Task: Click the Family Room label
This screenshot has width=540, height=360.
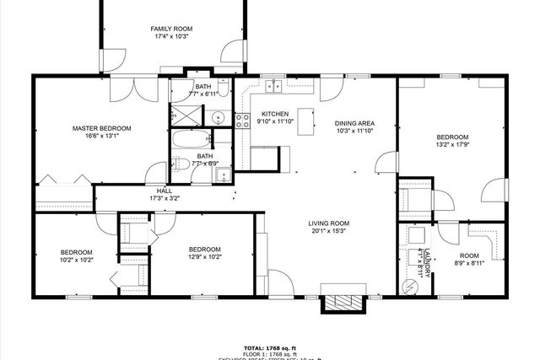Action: [x=171, y=29]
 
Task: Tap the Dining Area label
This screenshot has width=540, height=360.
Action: [x=354, y=123]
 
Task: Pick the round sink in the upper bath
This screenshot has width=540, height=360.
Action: [x=216, y=117]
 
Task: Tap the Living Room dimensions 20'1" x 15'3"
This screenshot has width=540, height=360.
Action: [x=330, y=231]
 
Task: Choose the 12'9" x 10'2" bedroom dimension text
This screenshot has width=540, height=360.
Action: [x=204, y=257]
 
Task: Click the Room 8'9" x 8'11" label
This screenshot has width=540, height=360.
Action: [x=468, y=260]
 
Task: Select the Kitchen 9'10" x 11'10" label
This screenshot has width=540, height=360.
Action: [x=275, y=117]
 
